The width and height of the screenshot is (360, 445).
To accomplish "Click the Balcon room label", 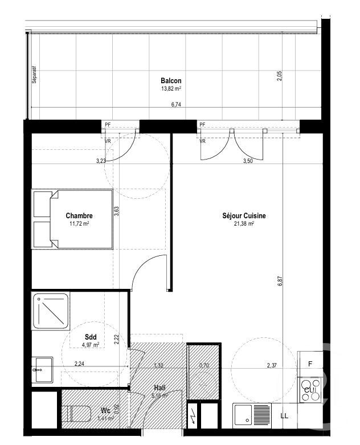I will pyautogui.click(x=171, y=81).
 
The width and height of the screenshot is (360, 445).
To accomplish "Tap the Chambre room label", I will pyautogui.click(x=79, y=215).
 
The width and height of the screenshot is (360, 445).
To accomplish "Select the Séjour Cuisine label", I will pyautogui.click(x=244, y=216).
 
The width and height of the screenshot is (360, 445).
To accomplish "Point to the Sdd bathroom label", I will pyautogui.click(x=90, y=337).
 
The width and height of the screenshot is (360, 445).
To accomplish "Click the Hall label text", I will pyautogui.click(x=158, y=387).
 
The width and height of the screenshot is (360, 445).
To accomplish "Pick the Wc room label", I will pyautogui.click(x=105, y=410).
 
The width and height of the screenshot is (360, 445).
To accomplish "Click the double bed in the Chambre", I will pyautogui.click(x=73, y=220).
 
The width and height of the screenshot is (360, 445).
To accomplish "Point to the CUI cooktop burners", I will pyautogui.click(x=310, y=390).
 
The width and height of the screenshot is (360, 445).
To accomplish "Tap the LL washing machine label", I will pyautogui.click(x=284, y=415).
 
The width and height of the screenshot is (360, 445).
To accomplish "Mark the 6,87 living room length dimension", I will pyautogui.click(x=280, y=280).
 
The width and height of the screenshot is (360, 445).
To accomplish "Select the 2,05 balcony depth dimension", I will pyautogui.click(x=280, y=76).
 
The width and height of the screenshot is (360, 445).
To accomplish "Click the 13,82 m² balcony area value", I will pyautogui.click(x=171, y=89).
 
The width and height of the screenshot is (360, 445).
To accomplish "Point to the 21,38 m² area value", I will pyautogui.click(x=244, y=224).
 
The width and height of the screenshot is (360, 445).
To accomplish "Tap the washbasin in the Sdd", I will pyautogui.click(x=42, y=370).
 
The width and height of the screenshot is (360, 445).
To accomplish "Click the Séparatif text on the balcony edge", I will pyautogui.click(x=34, y=75).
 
